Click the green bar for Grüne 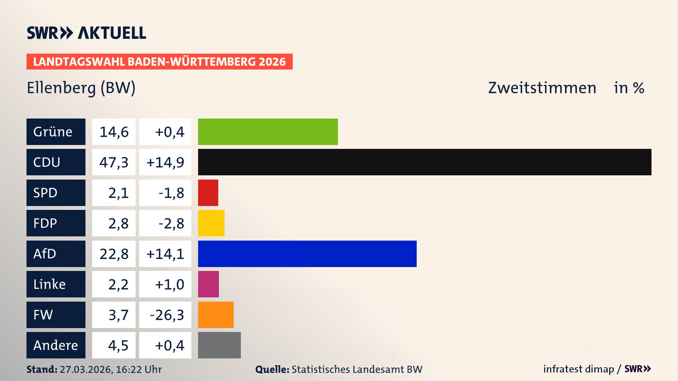pos(268,132)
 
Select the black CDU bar pos(424,162)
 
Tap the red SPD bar pos(208,193)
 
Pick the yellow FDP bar pos(211,223)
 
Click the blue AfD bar pos(307,254)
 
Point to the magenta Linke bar pos(208,284)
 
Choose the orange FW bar pos(216,315)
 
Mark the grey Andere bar pos(219,345)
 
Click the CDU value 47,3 pos(114,162)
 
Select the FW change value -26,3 pos(167,315)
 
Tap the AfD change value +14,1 pos(165,254)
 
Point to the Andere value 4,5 pos(118,345)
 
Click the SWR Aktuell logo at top pos(86,33)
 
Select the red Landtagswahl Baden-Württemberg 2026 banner pos(159,62)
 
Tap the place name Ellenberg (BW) pos(81,88)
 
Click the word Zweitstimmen pos(542,88)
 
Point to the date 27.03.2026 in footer pos(86,369)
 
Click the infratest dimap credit pos(578,369)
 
